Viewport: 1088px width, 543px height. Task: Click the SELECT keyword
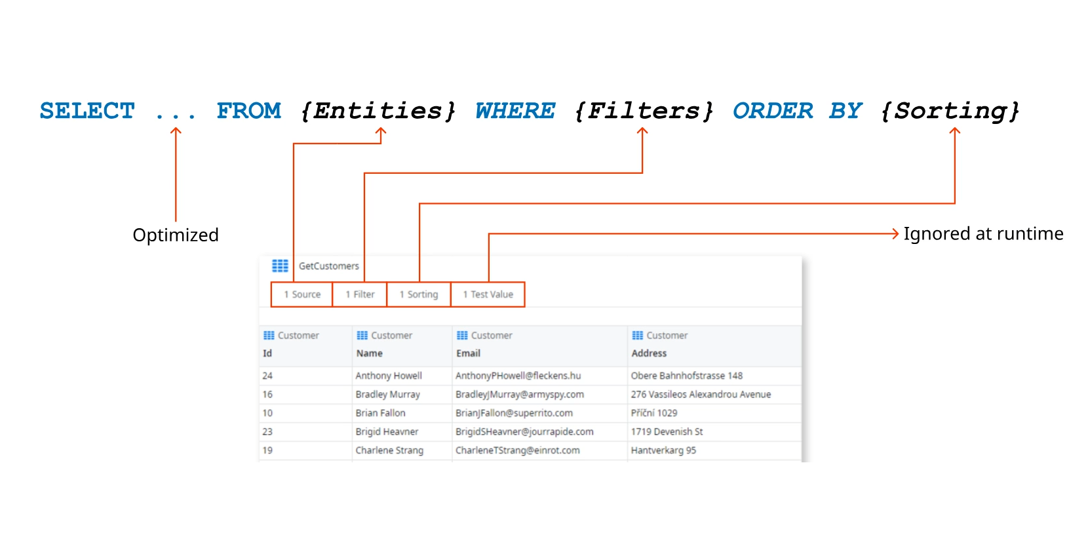(x=87, y=111)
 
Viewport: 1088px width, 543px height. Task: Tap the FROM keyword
(x=248, y=111)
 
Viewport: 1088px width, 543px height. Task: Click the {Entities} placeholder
(x=378, y=111)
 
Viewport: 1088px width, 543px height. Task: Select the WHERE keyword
(x=515, y=111)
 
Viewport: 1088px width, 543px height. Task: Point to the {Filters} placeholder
(x=644, y=111)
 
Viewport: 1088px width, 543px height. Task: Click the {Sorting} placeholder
(x=950, y=111)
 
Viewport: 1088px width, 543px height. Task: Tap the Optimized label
(x=176, y=235)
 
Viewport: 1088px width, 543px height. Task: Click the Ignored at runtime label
(x=983, y=233)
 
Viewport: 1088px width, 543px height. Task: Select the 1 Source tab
(x=302, y=294)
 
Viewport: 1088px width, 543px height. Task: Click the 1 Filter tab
(x=360, y=294)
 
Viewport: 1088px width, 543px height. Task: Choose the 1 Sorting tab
(x=419, y=294)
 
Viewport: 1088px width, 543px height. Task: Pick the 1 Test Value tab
(x=488, y=294)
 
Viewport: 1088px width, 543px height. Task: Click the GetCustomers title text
(x=329, y=266)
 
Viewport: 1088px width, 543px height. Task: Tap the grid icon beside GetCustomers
(x=280, y=266)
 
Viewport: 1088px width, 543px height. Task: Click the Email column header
(x=468, y=353)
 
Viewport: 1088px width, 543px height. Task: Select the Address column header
(x=649, y=353)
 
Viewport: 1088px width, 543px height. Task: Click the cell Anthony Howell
(x=389, y=376)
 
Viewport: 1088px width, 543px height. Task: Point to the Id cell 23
(x=267, y=432)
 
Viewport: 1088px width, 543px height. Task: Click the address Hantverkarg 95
(x=663, y=451)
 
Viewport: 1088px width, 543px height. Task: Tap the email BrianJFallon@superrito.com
(x=514, y=413)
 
